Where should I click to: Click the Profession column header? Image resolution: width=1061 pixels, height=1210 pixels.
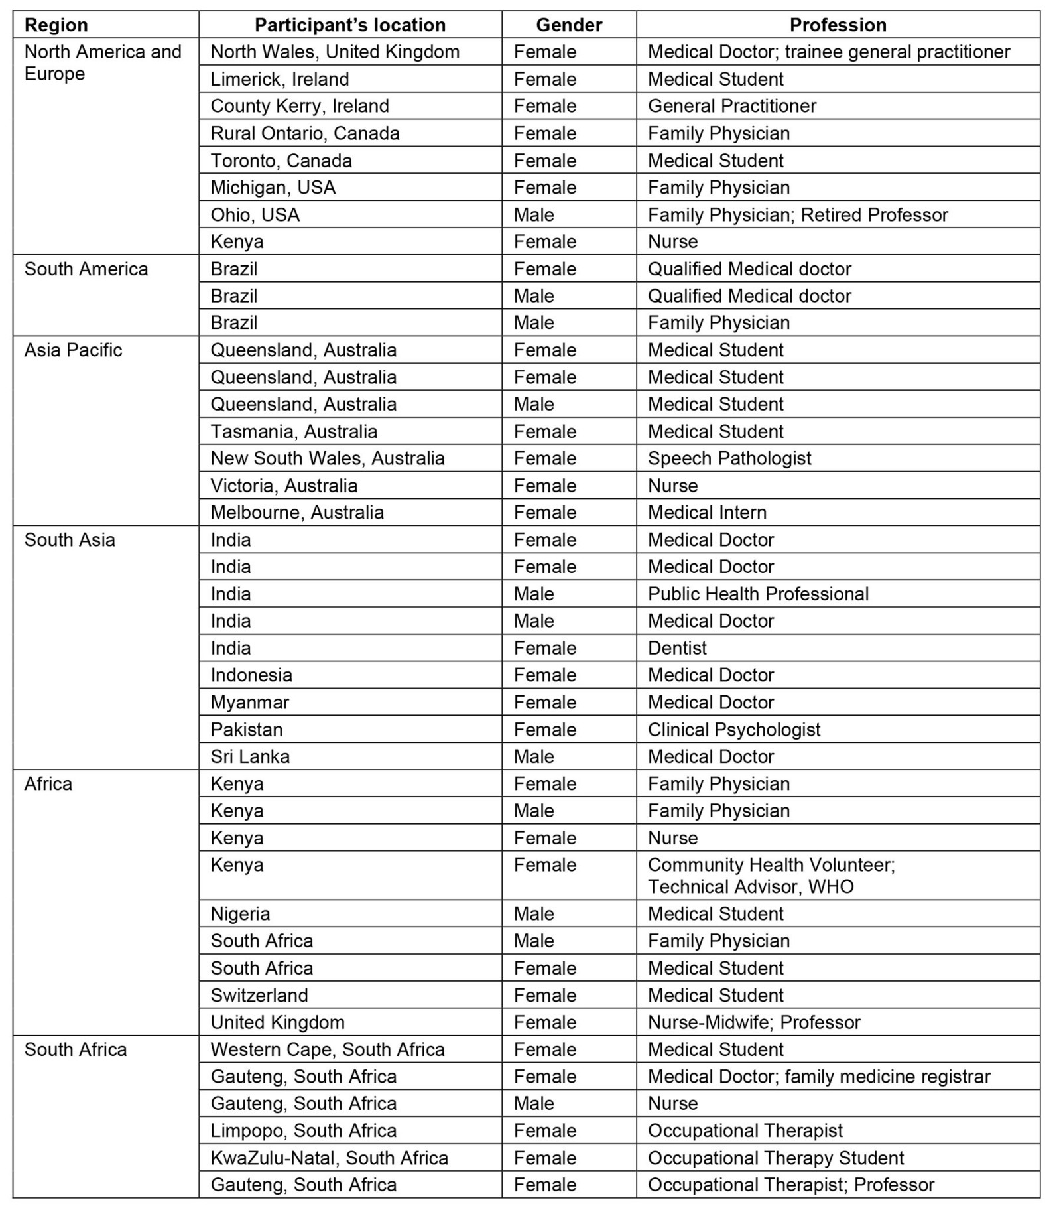tap(838, 25)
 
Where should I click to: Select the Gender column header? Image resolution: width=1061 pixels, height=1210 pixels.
tap(569, 25)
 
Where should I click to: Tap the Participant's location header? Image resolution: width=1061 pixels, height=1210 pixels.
tap(350, 25)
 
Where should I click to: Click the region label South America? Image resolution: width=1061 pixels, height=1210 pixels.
tap(86, 269)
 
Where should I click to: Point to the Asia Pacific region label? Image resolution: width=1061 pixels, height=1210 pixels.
tap(74, 350)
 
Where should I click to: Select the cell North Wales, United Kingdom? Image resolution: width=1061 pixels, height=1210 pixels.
tap(335, 52)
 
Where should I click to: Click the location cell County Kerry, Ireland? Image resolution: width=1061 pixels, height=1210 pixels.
tap(300, 106)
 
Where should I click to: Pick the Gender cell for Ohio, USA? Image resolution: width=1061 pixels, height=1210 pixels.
tap(534, 214)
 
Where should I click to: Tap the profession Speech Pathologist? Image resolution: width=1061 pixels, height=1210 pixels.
tap(729, 458)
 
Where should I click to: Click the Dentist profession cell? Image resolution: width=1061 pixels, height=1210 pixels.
tap(677, 648)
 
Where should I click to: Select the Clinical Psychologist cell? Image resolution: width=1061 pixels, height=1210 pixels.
tap(734, 730)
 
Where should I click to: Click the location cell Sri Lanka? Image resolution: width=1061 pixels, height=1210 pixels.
tap(250, 756)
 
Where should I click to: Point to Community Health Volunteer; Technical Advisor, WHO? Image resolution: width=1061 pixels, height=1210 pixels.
tap(771, 876)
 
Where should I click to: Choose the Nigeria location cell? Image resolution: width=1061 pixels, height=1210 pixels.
tap(240, 914)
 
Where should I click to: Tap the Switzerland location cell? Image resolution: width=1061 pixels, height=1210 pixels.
tap(259, 995)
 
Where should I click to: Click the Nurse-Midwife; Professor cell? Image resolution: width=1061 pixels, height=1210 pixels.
tap(754, 1022)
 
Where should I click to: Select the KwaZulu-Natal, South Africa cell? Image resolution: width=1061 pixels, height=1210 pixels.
tap(329, 1158)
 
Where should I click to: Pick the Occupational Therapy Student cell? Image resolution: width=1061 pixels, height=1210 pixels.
tap(776, 1158)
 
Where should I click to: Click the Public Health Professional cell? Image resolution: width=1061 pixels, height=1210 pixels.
tap(758, 594)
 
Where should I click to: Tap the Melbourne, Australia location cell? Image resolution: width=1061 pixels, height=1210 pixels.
tap(297, 512)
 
